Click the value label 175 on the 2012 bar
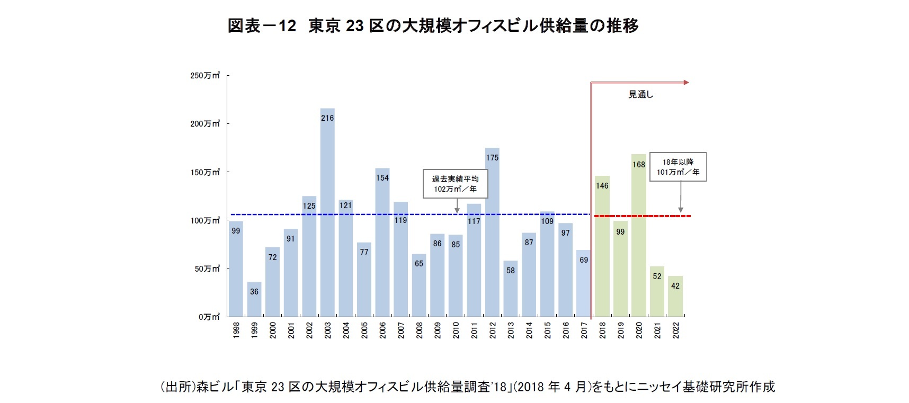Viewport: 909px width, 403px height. [492, 158]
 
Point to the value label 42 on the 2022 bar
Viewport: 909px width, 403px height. [675, 286]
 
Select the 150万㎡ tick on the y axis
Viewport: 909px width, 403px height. [205, 172]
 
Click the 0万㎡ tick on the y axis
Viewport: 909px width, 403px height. [209, 317]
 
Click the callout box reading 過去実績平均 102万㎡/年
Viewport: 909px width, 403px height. [455, 184]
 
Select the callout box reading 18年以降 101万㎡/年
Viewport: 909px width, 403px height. [678, 167]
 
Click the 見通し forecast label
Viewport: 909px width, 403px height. [641, 95]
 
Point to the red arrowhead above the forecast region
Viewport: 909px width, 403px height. [686, 82]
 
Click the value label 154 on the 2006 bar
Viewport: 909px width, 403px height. [382, 178]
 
